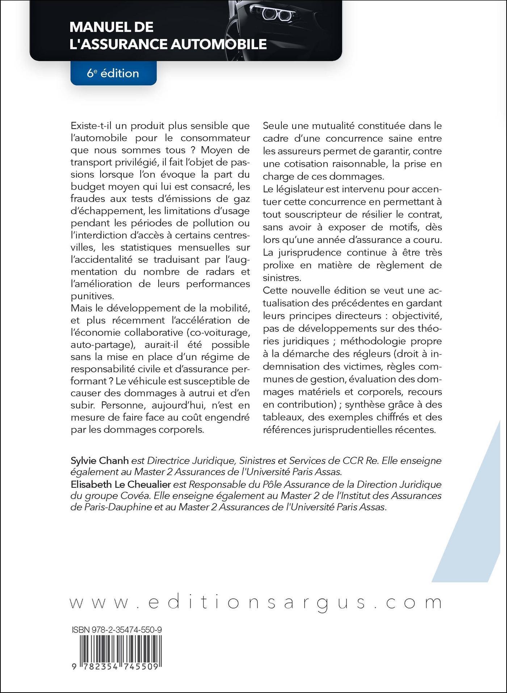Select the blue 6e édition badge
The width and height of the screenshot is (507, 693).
113,73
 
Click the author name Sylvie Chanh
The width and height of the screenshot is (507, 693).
100,461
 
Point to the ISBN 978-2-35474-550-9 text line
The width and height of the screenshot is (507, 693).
117,630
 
